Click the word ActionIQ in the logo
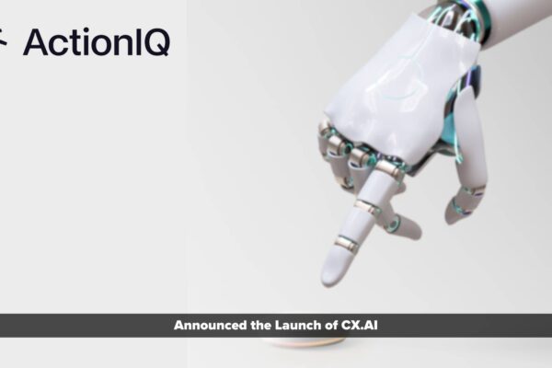coord(96,42)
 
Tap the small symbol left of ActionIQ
coord(5,41)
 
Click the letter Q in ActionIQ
coord(156,42)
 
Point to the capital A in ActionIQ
coord(35,42)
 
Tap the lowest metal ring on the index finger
coord(347,243)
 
